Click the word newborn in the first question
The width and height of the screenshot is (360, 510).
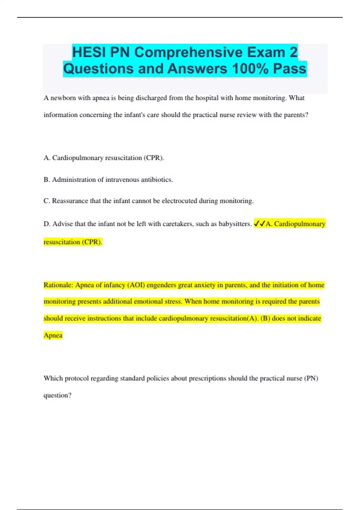[x=63, y=98]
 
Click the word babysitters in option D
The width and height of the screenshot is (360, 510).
[x=235, y=224]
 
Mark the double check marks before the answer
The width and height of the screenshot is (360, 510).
[x=259, y=224]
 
